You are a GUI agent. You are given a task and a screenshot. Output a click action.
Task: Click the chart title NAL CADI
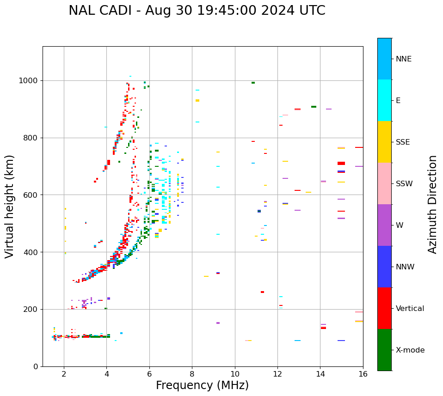[197, 11]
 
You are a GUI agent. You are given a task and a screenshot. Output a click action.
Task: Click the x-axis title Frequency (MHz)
[202, 385]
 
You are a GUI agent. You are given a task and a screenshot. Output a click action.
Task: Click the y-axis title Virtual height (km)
[10, 206]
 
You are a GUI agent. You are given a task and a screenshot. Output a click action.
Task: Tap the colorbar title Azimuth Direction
[432, 204]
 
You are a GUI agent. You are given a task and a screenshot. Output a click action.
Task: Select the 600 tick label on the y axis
[32, 195]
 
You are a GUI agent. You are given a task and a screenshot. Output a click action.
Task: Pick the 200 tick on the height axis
[32, 309]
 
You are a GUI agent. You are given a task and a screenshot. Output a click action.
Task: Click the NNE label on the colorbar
[403, 59]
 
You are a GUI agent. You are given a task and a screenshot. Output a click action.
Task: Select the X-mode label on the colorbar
[410, 350]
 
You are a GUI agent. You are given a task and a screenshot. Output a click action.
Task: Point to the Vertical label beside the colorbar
[410, 309]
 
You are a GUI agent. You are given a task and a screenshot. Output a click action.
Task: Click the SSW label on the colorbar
[404, 184]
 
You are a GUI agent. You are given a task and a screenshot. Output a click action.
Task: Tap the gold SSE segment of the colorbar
[384, 142]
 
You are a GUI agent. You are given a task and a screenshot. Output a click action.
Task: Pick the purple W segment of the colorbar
[384, 225]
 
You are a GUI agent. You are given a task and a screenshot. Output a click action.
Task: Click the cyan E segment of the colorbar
[384, 100]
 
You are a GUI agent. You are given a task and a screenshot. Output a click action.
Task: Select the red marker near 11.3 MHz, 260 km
[262, 292]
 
